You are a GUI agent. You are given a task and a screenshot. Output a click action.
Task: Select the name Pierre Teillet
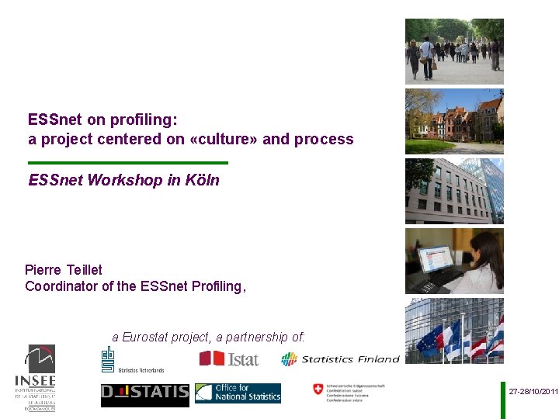[64, 270]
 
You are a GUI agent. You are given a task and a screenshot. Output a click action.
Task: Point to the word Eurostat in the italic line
[165, 337]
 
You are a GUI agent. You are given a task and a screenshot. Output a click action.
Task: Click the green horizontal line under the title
[128, 163]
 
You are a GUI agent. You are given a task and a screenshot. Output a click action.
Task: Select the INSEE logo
[36, 377]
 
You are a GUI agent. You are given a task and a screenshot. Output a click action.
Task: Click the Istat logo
[229, 358]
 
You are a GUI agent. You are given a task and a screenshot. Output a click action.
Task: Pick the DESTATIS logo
[144, 393]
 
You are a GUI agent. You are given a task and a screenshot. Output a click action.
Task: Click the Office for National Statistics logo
[238, 393]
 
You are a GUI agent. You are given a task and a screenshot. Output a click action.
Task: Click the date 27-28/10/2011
[533, 392]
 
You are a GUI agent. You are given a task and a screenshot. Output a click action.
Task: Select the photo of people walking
[454, 51]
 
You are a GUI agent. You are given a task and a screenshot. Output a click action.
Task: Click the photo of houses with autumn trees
[454, 121]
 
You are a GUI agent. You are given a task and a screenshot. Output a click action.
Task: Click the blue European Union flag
[429, 341]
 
